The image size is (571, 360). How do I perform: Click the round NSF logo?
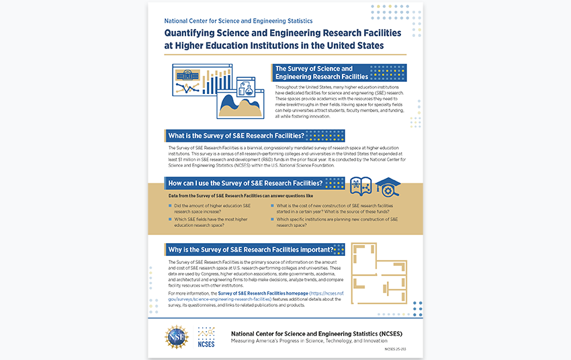(177, 336)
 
